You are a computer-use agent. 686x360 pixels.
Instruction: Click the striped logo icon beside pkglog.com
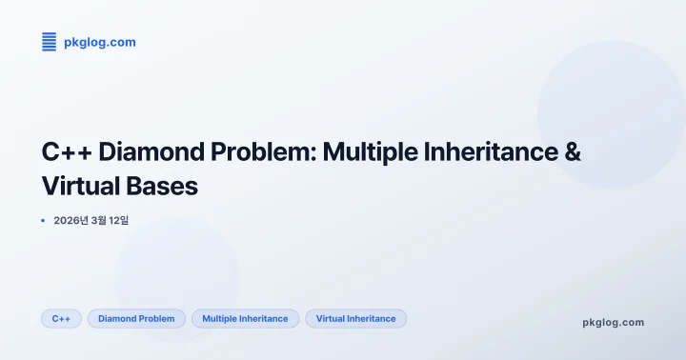50,41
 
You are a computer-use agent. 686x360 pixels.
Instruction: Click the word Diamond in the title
144,151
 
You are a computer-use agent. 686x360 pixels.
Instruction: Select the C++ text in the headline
67,151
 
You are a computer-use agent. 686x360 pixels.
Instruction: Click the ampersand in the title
573,151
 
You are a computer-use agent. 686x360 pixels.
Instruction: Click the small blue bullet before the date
44,220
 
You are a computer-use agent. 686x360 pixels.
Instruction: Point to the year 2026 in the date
68,220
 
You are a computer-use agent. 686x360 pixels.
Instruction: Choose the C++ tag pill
61,318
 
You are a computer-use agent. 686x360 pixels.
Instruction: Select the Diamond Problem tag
136,318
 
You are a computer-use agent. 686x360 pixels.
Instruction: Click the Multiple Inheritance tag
245,318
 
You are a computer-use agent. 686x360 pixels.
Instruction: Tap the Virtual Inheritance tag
355,318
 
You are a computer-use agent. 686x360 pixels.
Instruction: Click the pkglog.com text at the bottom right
613,322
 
